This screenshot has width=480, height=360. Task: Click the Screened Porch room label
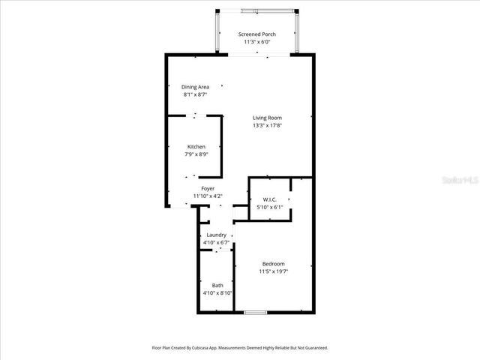[257, 34]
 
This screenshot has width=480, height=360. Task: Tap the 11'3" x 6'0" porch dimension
[257, 42]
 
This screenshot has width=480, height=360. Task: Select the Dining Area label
[195, 88]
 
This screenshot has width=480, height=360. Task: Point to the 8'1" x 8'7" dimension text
[195, 95]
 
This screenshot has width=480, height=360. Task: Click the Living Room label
[271, 118]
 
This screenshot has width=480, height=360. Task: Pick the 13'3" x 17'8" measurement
[271, 125]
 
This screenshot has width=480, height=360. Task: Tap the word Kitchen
[196, 146]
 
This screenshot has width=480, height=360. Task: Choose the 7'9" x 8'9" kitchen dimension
[196, 154]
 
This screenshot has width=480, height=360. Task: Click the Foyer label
[208, 188]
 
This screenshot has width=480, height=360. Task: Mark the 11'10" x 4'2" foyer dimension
[208, 196]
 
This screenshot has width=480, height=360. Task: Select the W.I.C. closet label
[270, 199]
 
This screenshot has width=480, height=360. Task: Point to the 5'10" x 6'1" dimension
[270, 207]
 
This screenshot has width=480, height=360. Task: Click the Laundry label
[216, 235]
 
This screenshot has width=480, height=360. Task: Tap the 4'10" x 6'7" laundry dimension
[216, 242]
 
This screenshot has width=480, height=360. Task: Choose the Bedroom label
[273, 263]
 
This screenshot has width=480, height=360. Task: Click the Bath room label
[217, 285]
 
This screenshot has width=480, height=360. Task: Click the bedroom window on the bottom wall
[256, 311]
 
